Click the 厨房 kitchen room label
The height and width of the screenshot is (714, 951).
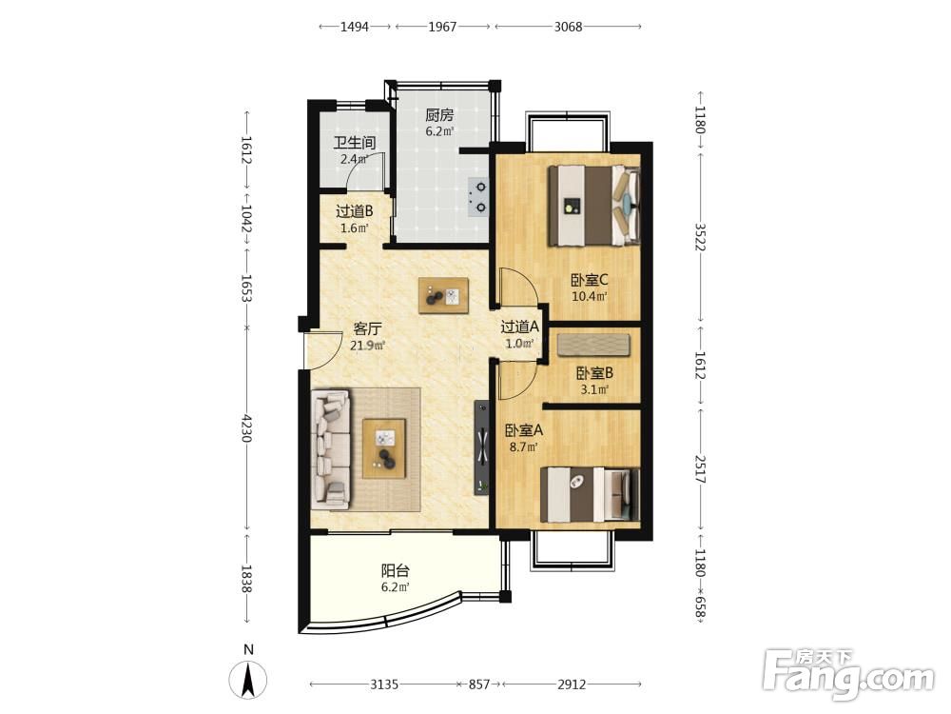439,115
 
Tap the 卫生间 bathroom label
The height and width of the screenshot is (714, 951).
355,143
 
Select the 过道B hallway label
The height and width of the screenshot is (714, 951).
354,211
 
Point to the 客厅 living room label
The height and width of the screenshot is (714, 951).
367,328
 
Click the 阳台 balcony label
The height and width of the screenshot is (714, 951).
396,570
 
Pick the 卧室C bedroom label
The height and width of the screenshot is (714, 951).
590,280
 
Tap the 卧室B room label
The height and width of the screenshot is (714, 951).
594,373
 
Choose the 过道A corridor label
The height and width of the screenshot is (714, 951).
520,327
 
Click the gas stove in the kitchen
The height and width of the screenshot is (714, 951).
477,197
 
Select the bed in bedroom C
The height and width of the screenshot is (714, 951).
594,206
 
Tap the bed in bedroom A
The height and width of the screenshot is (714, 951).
591,494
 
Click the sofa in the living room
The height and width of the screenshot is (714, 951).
331,449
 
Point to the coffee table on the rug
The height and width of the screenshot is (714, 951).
384,448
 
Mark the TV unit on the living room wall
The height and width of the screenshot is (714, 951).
481,448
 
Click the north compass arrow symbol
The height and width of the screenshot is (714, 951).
247,679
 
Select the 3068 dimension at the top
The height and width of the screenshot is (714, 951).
569,27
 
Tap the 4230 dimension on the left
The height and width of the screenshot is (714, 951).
246,428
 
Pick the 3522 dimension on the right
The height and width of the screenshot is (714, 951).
700,237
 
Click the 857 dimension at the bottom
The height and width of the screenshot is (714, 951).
479,684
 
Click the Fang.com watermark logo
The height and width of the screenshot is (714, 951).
848,675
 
